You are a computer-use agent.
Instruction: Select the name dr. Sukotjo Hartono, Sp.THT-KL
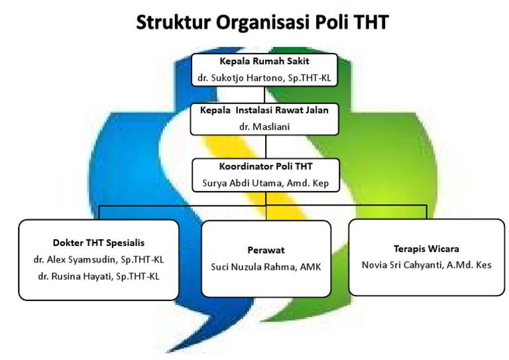click(265, 78)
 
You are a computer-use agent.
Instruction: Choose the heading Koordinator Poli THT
click(266, 167)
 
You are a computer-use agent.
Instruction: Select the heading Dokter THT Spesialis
click(99, 243)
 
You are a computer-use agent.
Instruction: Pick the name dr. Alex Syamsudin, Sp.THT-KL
click(99, 259)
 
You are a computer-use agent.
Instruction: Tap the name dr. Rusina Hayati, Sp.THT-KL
click(99, 276)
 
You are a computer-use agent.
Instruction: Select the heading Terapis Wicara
click(426, 249)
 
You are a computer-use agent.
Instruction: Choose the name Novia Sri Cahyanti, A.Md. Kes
click(426, 265)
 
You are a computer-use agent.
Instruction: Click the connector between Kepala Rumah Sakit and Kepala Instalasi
click(266, 95)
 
